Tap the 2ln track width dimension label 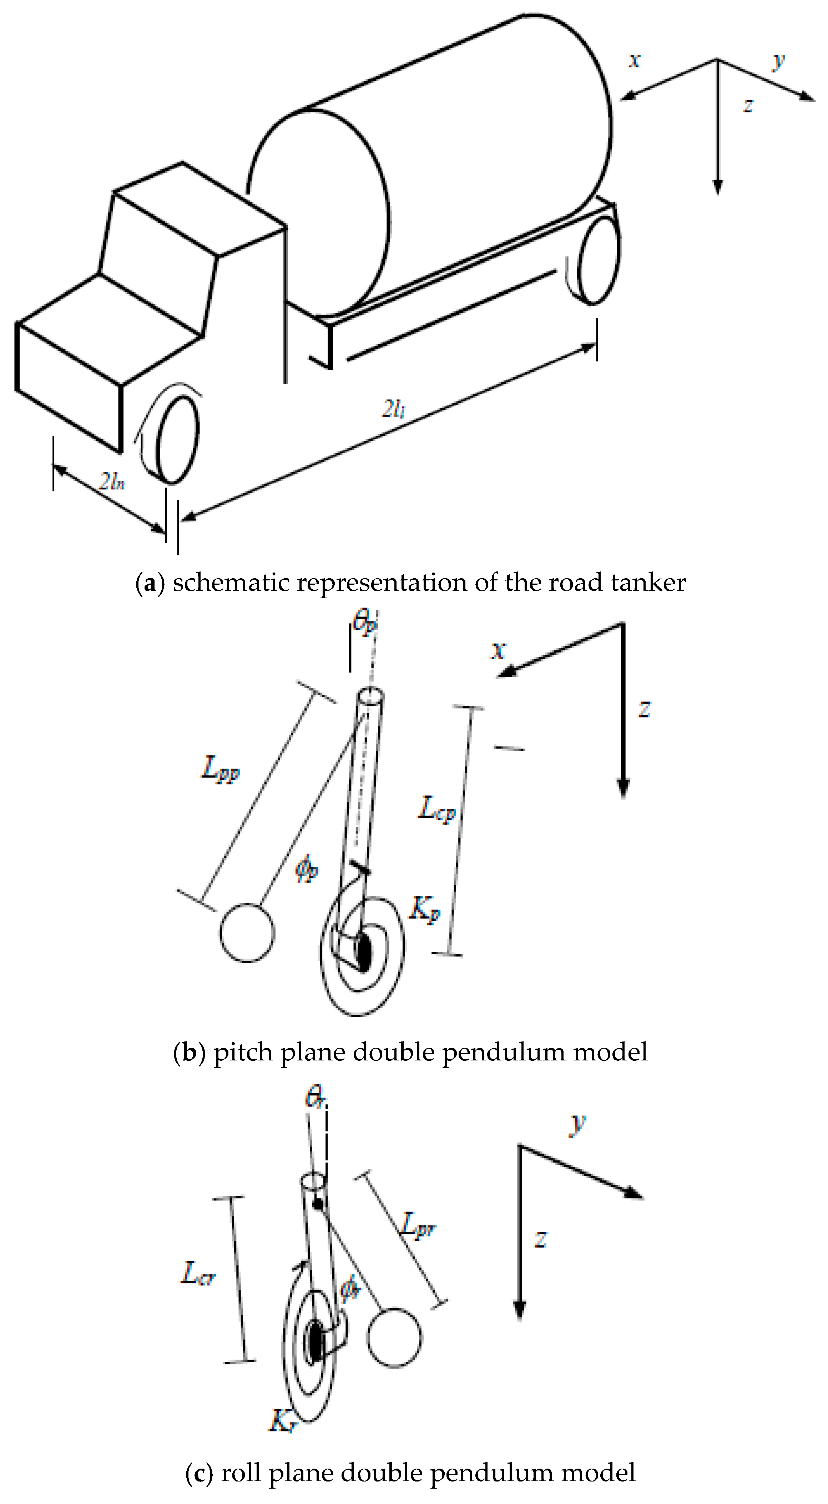coord(112,481)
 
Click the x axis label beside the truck coord(635,60)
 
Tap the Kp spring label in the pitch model coord(424,909)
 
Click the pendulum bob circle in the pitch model coord(247,933)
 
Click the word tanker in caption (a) coord(648,583)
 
